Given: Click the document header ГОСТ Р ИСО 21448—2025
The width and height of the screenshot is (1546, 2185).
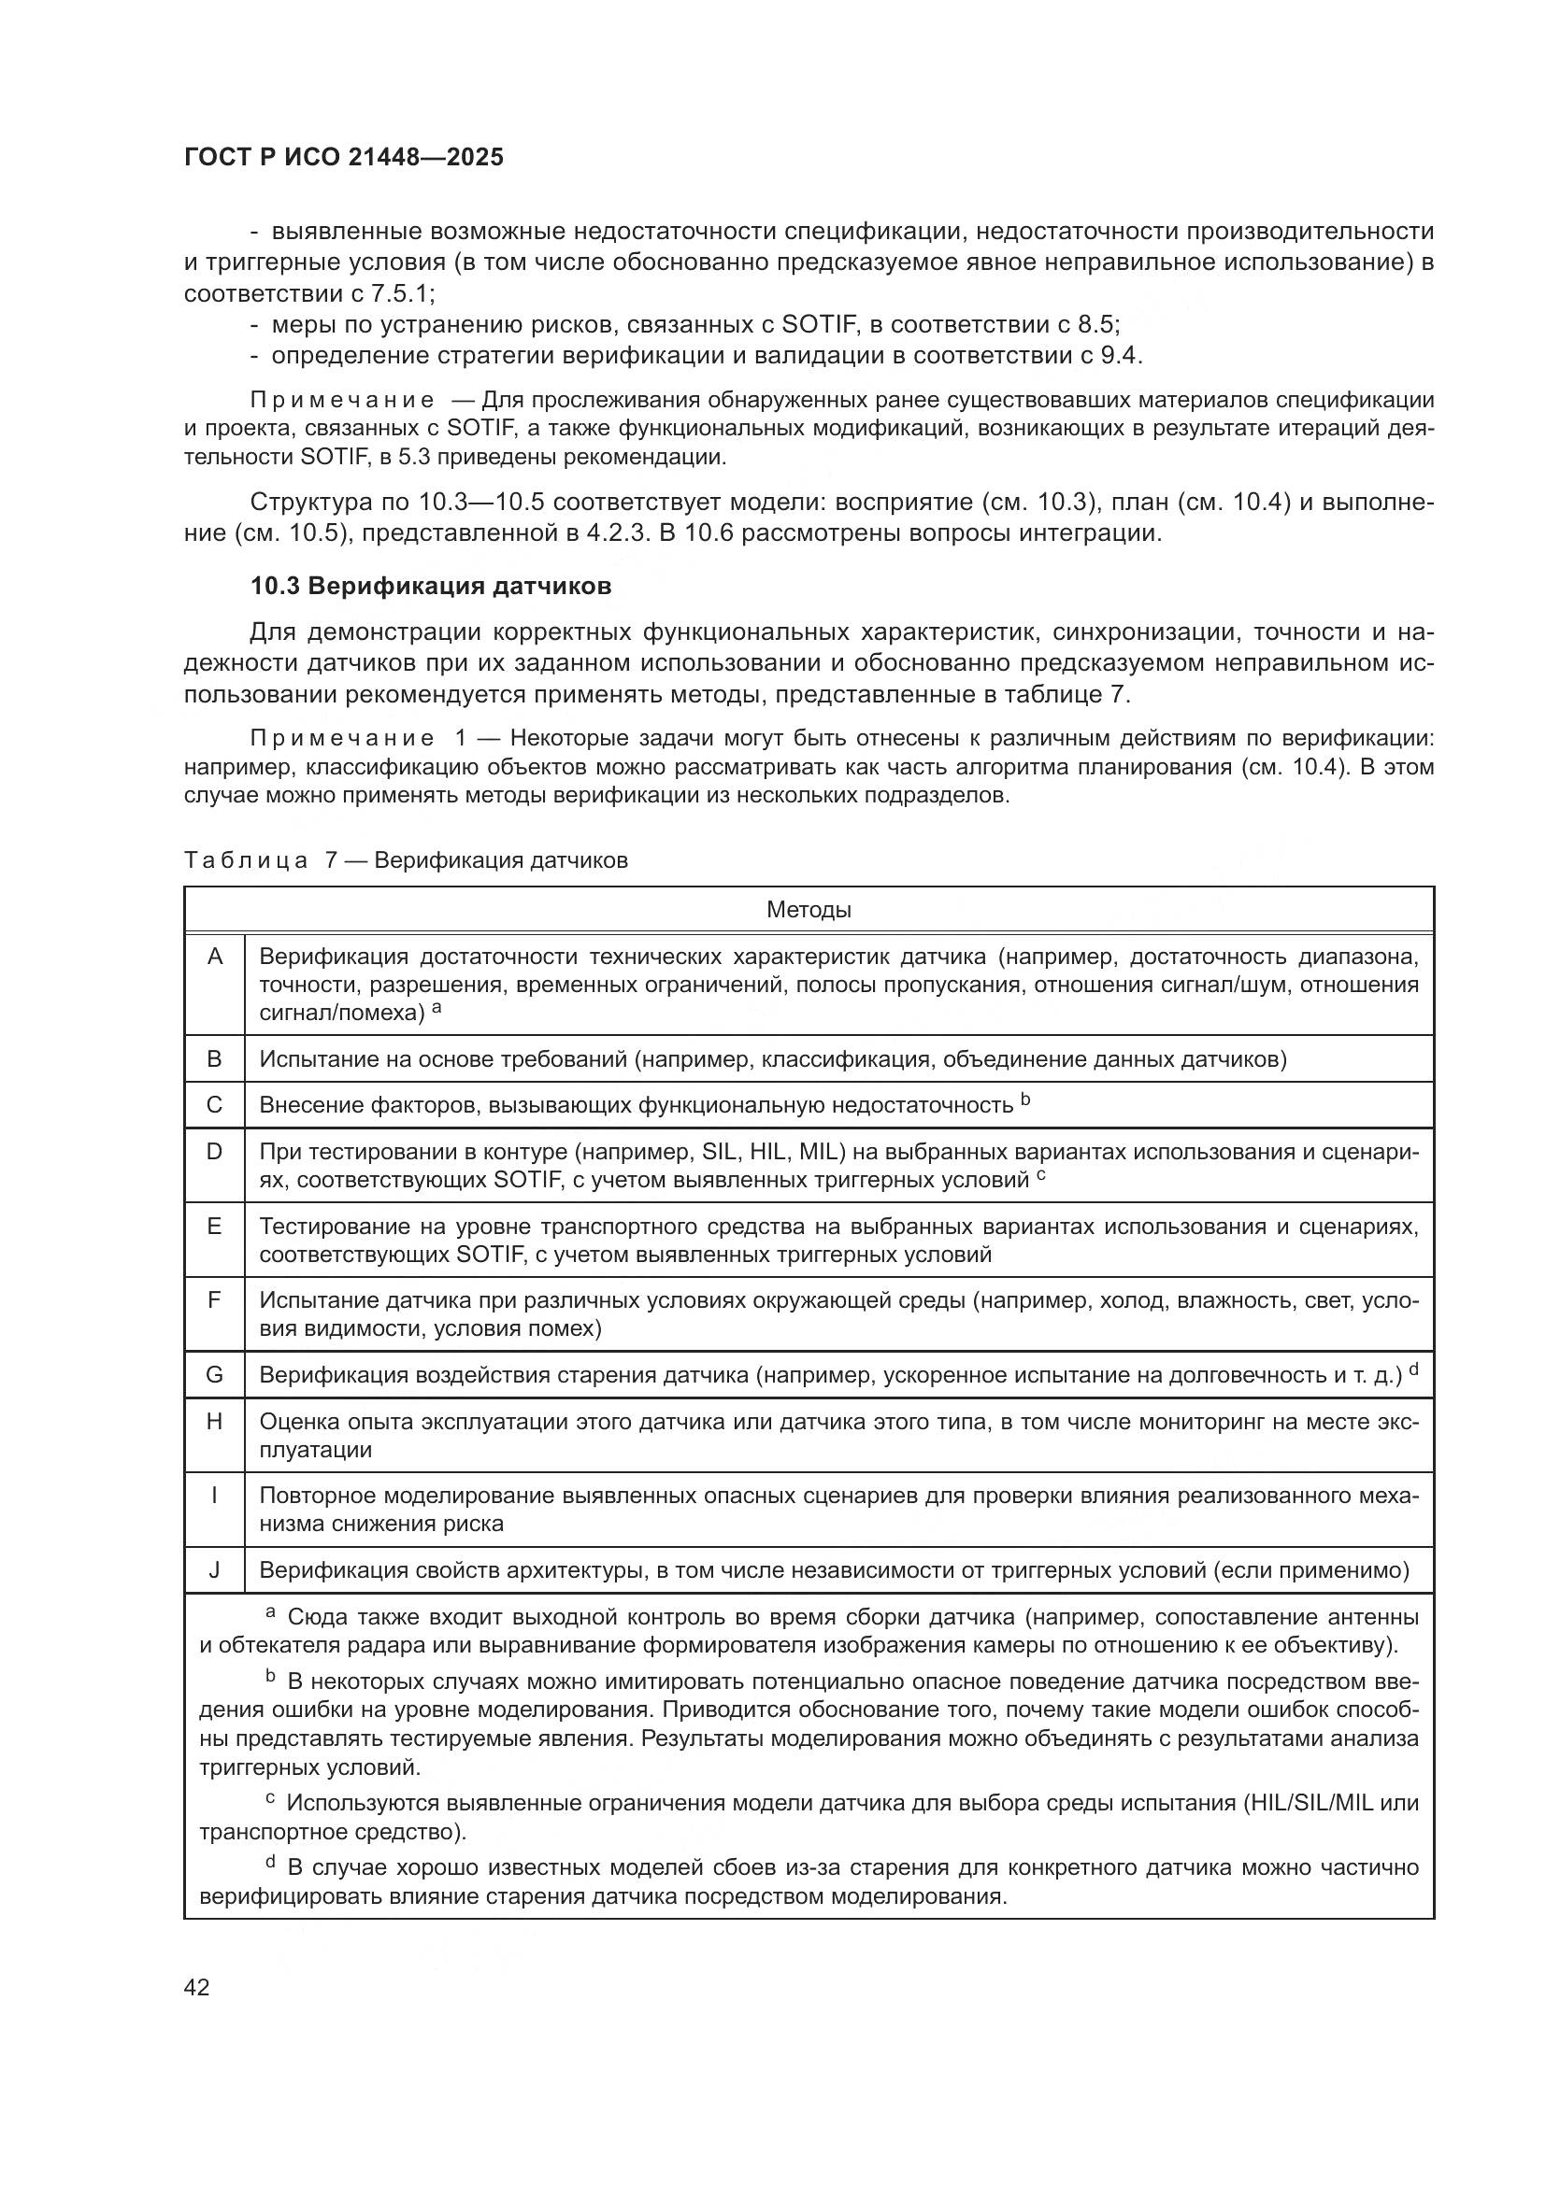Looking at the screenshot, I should coord(343,157).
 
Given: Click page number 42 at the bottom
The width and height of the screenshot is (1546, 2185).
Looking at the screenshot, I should coord(197,1987).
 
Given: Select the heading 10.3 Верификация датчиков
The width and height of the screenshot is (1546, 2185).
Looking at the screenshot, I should coord(430,587).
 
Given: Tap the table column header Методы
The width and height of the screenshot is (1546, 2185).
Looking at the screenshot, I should coord(809,910).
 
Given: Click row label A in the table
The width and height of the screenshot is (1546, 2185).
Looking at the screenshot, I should coord(214,957).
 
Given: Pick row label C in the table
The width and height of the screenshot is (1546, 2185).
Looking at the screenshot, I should coord(214,1105).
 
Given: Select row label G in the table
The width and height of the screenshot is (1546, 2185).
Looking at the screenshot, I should coord(214,1375).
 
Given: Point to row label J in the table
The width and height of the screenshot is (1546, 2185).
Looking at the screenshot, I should coord(214,1570).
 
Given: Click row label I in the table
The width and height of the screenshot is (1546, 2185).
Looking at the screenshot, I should coord(214,1496).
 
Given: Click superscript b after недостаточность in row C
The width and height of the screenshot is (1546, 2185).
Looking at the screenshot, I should coord(1025,1100).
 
